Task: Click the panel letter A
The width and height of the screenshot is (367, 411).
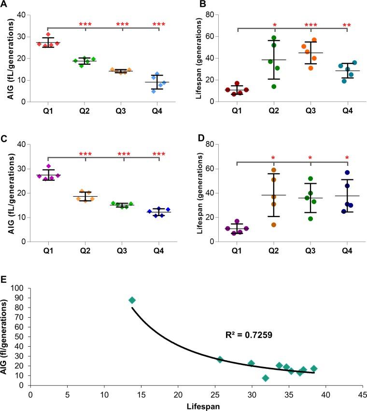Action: point(4,4)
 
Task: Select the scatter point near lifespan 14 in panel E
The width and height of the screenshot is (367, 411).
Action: point(132,300)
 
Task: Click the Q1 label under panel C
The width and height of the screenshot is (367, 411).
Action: point(48,251)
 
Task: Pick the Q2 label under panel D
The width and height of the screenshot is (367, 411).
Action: point(273,251)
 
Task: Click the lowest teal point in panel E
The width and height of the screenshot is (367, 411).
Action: point(266,378)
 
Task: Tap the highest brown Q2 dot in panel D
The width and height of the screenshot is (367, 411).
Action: point(273,170)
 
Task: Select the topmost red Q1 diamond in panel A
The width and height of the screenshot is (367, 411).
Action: point(48,35)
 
